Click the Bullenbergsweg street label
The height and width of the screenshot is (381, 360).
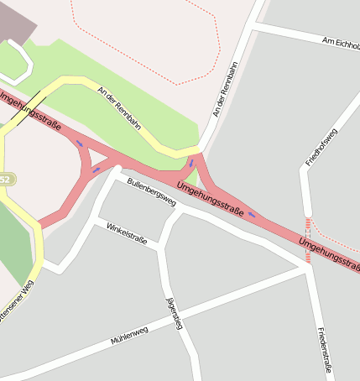click(x=152, y=192)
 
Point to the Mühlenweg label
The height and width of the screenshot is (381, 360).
click(x=129, y=336)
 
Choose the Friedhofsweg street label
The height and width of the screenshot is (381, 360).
click(x=321, y=147)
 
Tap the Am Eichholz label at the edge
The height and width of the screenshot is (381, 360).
click(x=341, y=41)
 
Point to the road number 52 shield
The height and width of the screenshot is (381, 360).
click(x=5, y=180)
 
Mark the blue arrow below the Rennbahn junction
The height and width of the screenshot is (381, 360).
click(x=191, y=163)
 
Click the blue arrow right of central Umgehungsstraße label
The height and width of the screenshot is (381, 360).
click(x=252, y=216)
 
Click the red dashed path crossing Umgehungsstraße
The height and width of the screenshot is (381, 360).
click(x=308, y=240)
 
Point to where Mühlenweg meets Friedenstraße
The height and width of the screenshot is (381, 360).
click(x=310, y=269)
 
